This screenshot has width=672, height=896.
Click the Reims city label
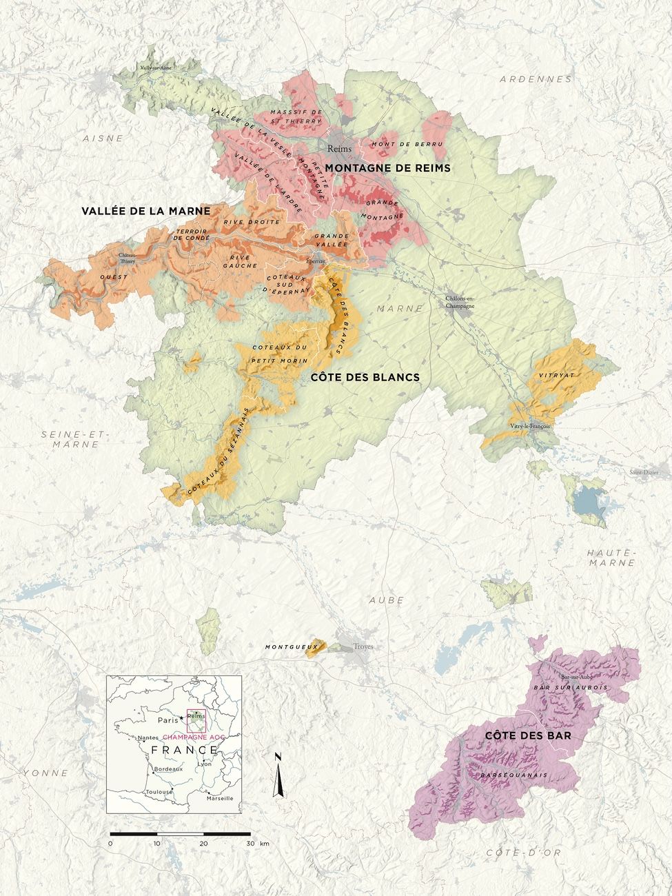[340, 148]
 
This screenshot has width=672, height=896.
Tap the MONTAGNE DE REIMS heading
[388, 167]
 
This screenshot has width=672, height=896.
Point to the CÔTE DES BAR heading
[519, 736]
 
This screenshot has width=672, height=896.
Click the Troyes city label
[363, 646]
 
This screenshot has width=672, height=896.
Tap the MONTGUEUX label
[286, 647]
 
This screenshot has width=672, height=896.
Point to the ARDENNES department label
[536, 79]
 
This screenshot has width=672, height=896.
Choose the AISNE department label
[103, 138]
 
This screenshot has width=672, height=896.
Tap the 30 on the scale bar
[250, 844]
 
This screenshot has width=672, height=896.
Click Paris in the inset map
[167, 720]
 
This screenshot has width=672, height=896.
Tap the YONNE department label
[45, 773]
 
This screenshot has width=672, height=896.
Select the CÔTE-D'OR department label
[513, 853]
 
